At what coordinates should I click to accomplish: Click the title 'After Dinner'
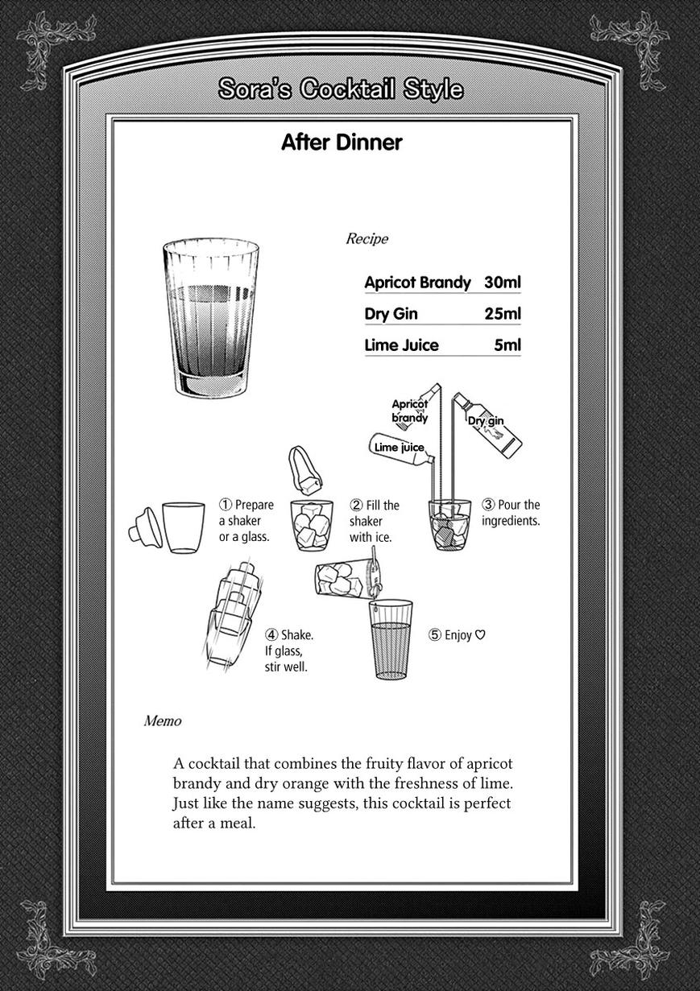(341, 142)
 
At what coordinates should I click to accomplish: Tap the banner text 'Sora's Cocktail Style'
(341, 89)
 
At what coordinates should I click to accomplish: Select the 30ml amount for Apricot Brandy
(503, 283)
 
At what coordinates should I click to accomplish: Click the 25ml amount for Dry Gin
(503, 314)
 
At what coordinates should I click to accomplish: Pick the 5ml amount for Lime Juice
(507, 345)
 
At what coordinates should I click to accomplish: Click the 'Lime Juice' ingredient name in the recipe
(401, 345)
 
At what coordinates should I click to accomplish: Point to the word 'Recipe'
(367, 239)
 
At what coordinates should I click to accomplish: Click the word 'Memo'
(162, 721)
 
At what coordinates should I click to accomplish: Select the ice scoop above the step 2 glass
(304, 469)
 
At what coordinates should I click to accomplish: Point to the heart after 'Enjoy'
(480, 635)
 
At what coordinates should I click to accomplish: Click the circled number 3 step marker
(488, 506)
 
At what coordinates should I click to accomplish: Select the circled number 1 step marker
(226, 506)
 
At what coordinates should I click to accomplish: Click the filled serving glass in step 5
(391, 639)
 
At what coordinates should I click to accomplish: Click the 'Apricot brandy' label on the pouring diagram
(409, 411)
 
